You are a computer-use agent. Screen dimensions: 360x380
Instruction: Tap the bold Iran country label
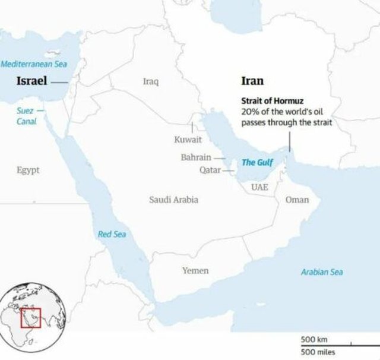coord(252,81)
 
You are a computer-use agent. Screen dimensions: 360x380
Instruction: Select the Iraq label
coord(151,81)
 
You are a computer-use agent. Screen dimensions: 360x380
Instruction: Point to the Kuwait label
coord(188,140)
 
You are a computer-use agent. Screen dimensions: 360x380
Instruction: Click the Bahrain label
coord(196,157)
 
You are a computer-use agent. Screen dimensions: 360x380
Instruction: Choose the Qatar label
coord(210,170)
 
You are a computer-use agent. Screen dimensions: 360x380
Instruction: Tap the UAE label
coord(259,187)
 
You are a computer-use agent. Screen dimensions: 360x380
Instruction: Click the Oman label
coord(297,200)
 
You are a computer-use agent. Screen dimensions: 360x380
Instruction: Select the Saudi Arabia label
coord(173,200)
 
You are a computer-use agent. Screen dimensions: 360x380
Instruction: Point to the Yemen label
coord(195,270)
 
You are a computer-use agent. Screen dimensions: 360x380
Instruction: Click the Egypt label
coord(28,170)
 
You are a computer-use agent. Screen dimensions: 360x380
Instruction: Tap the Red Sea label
coord(112,234)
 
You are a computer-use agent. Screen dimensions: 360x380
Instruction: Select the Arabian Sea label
coord(321,272)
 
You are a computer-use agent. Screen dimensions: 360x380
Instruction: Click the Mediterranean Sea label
coord(34,64)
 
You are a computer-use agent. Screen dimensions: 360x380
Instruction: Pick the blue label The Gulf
coord(256,162)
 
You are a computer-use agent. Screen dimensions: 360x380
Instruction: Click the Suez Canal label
coord(27,116)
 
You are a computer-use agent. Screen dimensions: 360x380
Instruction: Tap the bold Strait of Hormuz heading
coord(273,101)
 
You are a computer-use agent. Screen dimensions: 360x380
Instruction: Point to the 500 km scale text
coord(314,339)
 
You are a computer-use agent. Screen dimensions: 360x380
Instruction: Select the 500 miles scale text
coord(318,352)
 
